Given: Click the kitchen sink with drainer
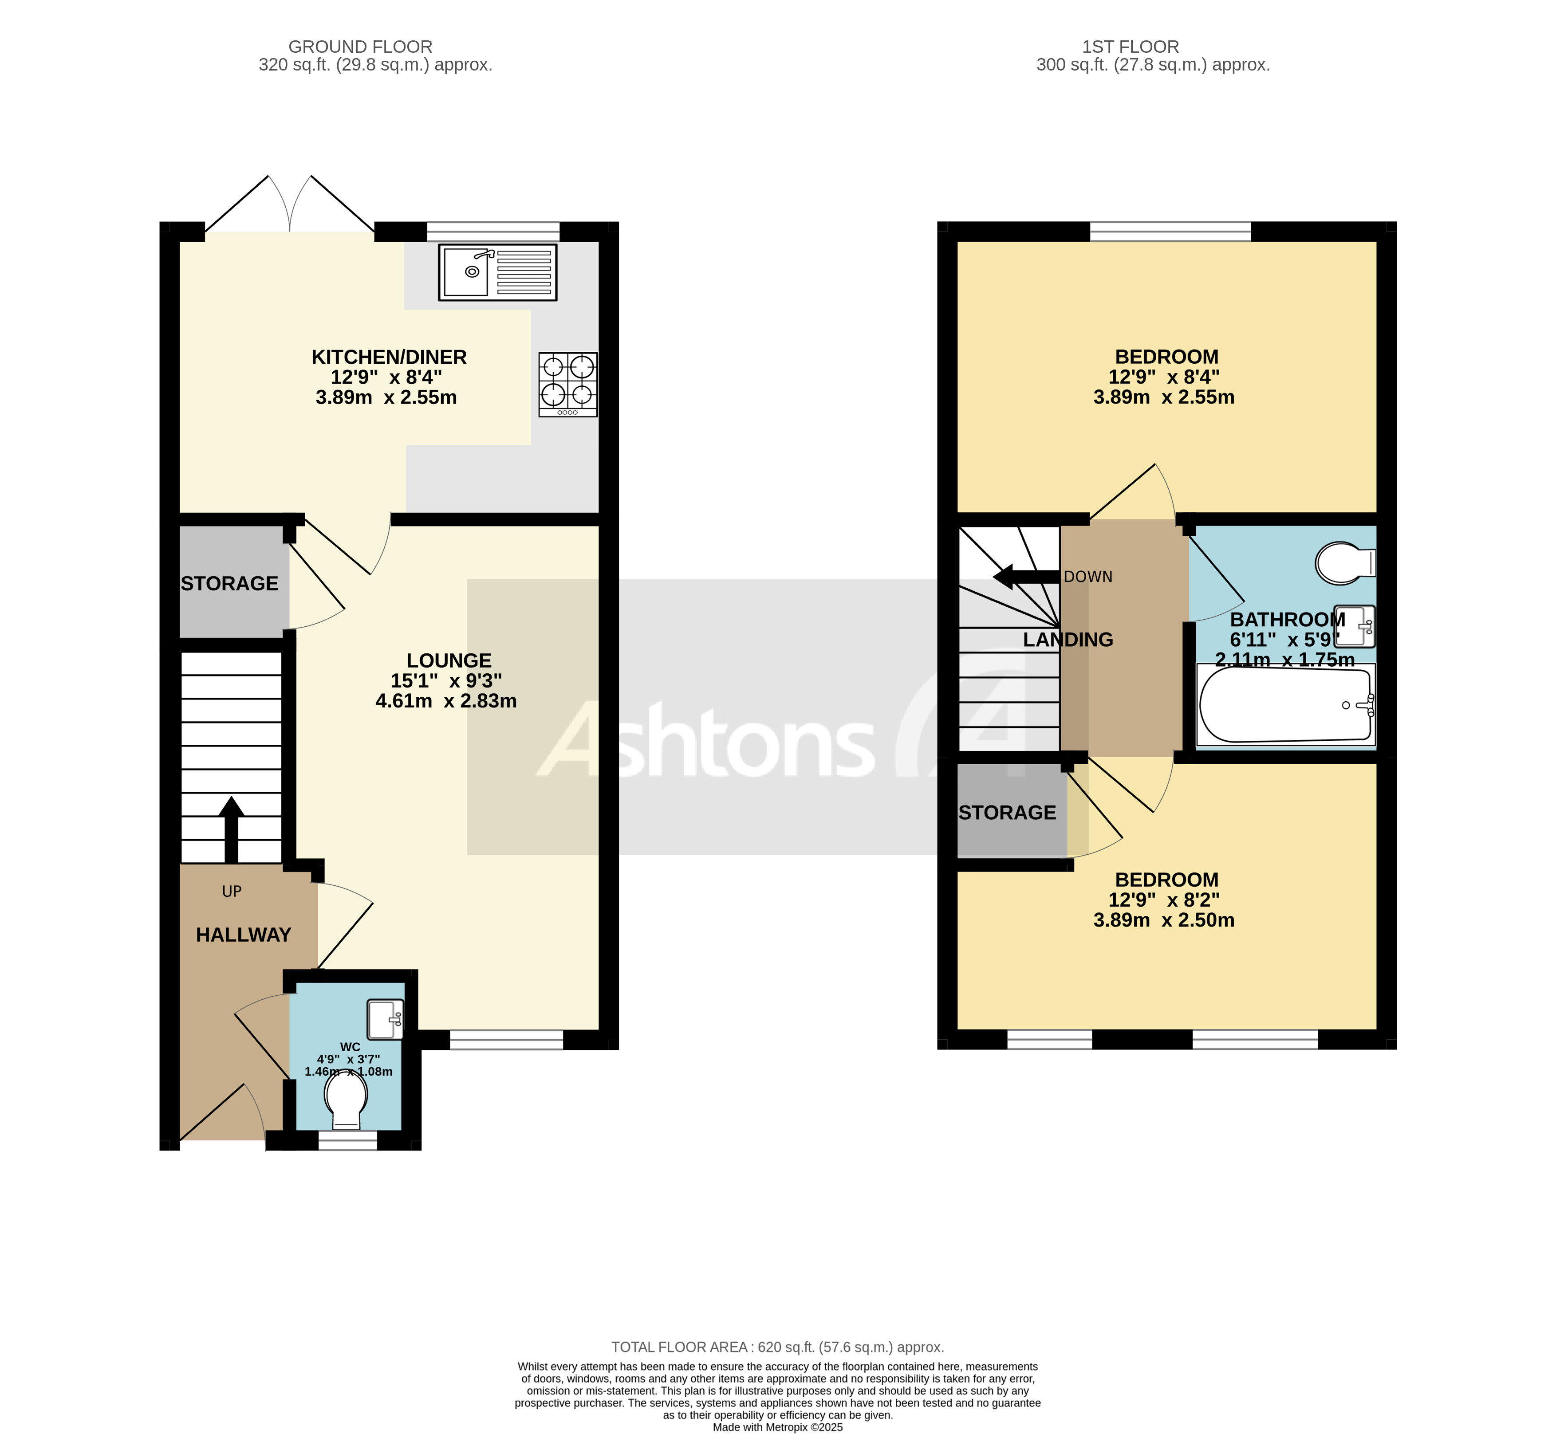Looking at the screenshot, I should (x=497, y=272).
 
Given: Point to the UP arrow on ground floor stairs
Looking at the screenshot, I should (x=231, y=829).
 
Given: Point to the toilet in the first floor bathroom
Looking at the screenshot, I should (x=1344, y=562).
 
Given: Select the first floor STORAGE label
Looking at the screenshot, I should (x=1007, y=813).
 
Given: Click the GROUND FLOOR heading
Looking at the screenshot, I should (x=360, y=47).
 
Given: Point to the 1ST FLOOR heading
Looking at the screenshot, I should (x=1130, y=47).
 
